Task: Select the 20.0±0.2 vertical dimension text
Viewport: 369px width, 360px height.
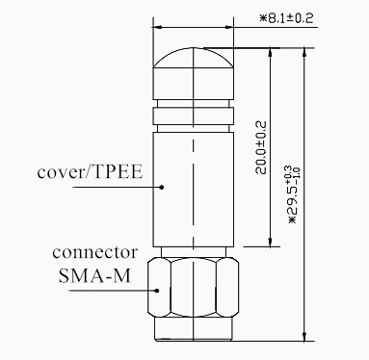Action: point(261,147)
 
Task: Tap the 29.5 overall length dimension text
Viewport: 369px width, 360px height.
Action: point(294,194)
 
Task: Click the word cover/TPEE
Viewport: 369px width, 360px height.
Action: point(90,172)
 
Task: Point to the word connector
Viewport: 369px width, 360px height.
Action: point(95,252)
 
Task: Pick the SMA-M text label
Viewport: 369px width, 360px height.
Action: point(95,275)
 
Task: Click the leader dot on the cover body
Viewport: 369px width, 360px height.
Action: point(162,187)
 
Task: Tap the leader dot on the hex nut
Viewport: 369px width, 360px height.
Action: point(157,291)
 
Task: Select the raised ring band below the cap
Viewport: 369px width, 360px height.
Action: point(193,116)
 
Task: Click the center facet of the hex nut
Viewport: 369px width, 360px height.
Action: point(193,288)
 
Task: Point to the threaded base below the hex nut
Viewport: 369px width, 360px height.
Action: point(193,329)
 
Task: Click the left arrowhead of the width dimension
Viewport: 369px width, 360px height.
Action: point(157,27)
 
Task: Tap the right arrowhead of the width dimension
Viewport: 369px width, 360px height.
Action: point(229,27)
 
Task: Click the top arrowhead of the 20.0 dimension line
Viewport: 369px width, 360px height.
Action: point(271,53)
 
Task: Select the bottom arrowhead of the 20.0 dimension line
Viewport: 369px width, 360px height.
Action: point(271,242)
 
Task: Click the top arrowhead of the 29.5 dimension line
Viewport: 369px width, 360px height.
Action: point(305,53)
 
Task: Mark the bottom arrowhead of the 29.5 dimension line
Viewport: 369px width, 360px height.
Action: point(305,336)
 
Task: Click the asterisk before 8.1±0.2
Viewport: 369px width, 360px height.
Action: point(263,18)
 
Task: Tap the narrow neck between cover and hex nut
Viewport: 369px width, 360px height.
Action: point(193,252)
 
